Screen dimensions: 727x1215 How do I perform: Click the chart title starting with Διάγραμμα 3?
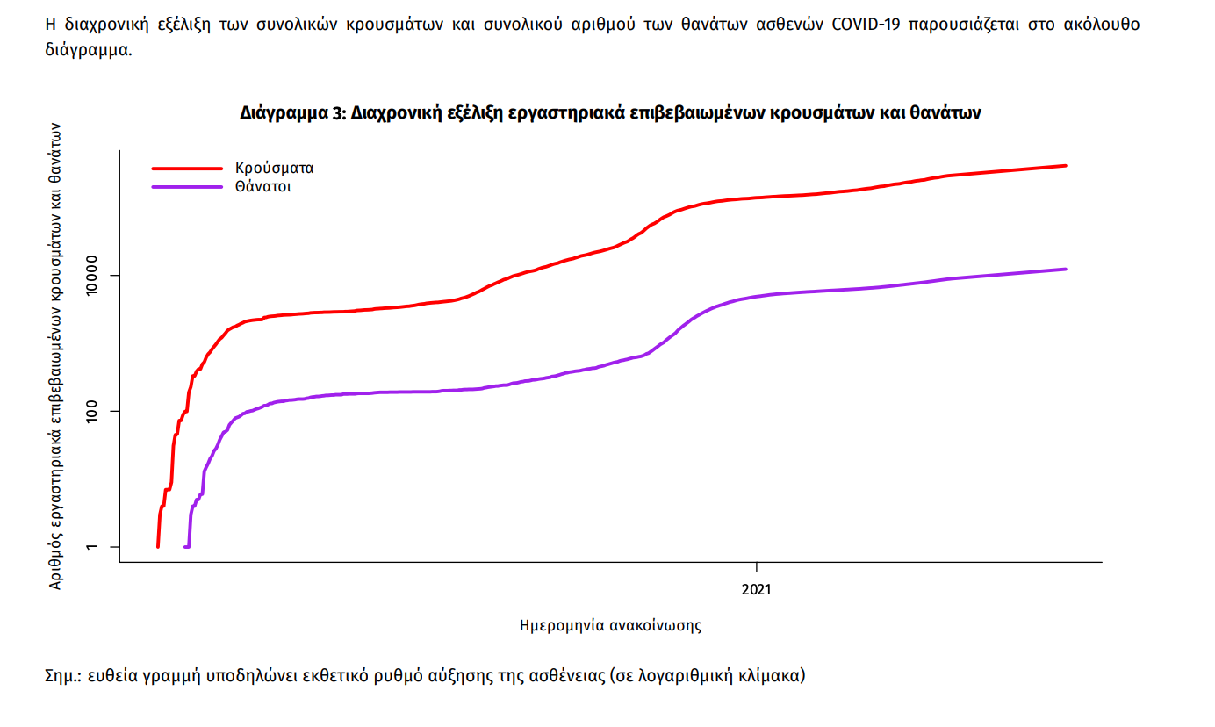click(609, 112)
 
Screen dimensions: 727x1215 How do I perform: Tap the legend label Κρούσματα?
click(274, 168)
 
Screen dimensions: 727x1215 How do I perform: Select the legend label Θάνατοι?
click(262, 186)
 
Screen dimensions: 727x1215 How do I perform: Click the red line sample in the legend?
click(187, 168)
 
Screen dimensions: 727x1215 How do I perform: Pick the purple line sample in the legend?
click(187, 186)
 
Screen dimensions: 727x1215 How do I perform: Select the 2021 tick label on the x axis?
click(756, 589)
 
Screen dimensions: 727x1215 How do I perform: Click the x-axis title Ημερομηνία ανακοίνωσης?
click(611, 626)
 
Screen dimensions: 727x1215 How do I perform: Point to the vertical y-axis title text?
click(55, 356)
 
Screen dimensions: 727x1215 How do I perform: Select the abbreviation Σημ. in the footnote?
click(63, 676)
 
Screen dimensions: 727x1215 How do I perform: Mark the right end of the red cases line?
click(1065, 165)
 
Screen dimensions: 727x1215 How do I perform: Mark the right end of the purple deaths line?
click(1065, 269)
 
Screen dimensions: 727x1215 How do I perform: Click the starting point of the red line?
click(158, 546)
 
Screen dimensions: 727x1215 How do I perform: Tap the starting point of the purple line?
click(185, 546)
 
